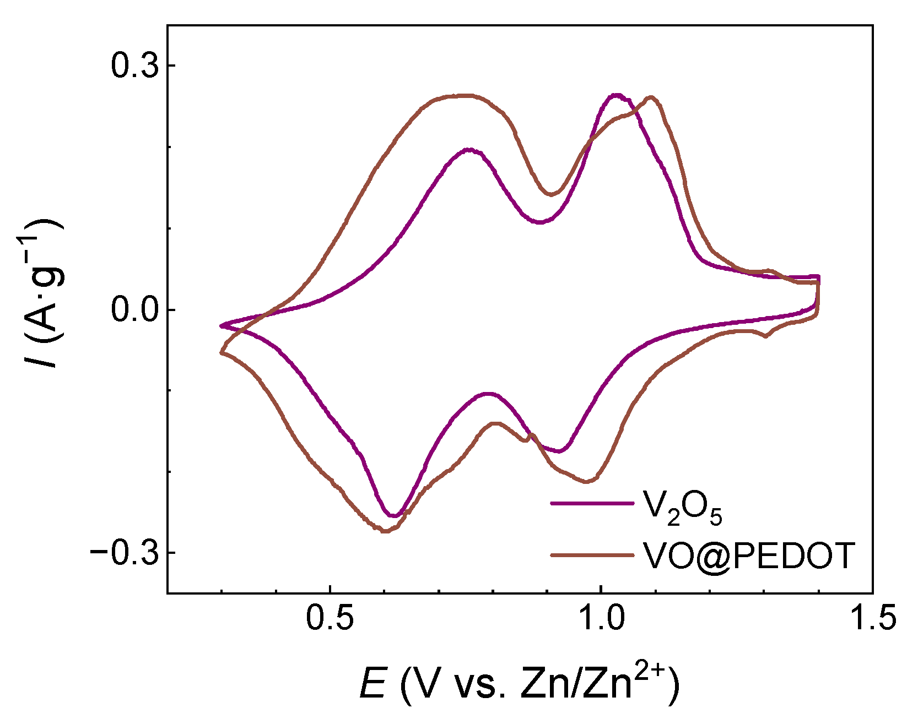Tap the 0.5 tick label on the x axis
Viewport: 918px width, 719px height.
point(330,618)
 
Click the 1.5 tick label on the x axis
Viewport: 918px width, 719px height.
point(873,618)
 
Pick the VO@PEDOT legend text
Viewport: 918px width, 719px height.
point(748,555)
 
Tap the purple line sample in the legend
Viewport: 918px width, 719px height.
point(591,503)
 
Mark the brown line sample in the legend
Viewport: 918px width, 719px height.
point(591,555)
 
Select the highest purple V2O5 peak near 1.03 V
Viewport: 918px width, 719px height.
point(616,95)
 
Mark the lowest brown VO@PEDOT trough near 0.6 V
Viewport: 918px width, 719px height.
point(385,531)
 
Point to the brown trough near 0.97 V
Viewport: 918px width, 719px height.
point(587,482)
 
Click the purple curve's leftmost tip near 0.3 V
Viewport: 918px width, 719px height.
point(222,326)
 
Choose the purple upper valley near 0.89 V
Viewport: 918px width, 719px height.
point(540,222)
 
